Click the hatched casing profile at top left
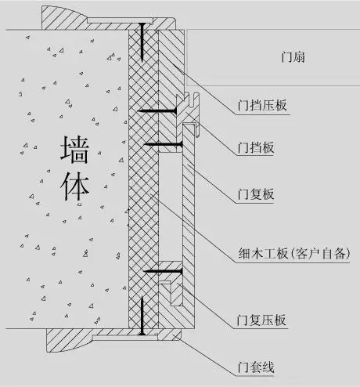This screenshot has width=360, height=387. (66, 18)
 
